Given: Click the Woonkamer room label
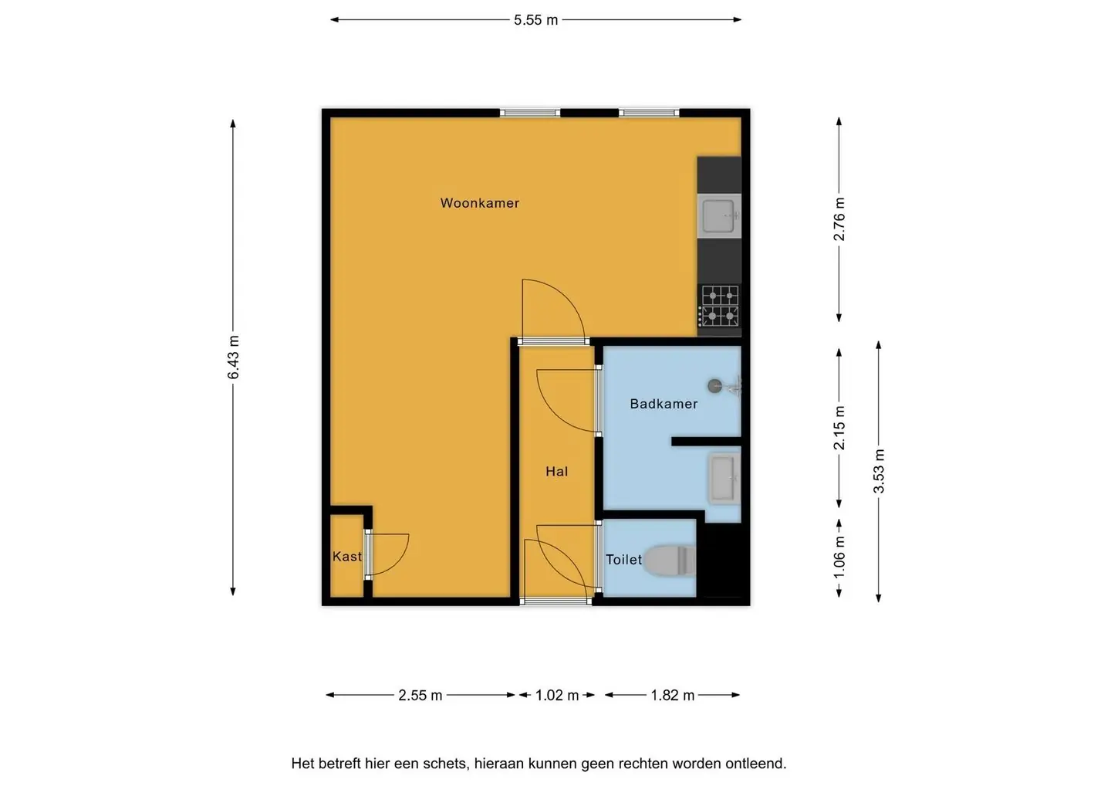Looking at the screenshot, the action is (480, 203).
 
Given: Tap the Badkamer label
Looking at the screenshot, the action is (664, 404).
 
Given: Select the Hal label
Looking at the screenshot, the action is (556, 472).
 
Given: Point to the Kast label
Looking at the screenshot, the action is (346, 557).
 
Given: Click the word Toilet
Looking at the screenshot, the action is (623, 560).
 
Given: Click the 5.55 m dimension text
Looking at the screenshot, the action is (535, 20).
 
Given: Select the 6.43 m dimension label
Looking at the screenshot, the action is (233, 357).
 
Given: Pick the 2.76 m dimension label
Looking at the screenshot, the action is (839, 219).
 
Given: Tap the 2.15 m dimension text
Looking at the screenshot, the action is (839, 428).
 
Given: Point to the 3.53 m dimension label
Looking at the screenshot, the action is (878, 472).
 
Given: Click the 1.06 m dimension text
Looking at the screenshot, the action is (839, 557).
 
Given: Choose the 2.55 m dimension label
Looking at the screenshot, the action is (420, 695).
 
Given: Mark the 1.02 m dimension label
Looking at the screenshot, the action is (557, 695).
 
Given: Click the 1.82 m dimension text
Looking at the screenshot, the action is (673, 695).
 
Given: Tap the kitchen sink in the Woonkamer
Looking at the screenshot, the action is (719, 216).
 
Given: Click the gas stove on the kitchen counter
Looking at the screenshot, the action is (720, 307).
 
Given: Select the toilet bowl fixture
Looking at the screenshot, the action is (670, 561).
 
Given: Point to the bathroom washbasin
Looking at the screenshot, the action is (724, 479).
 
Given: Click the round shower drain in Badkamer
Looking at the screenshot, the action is (714, 386).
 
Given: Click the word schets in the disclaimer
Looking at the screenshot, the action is (447, 763).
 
